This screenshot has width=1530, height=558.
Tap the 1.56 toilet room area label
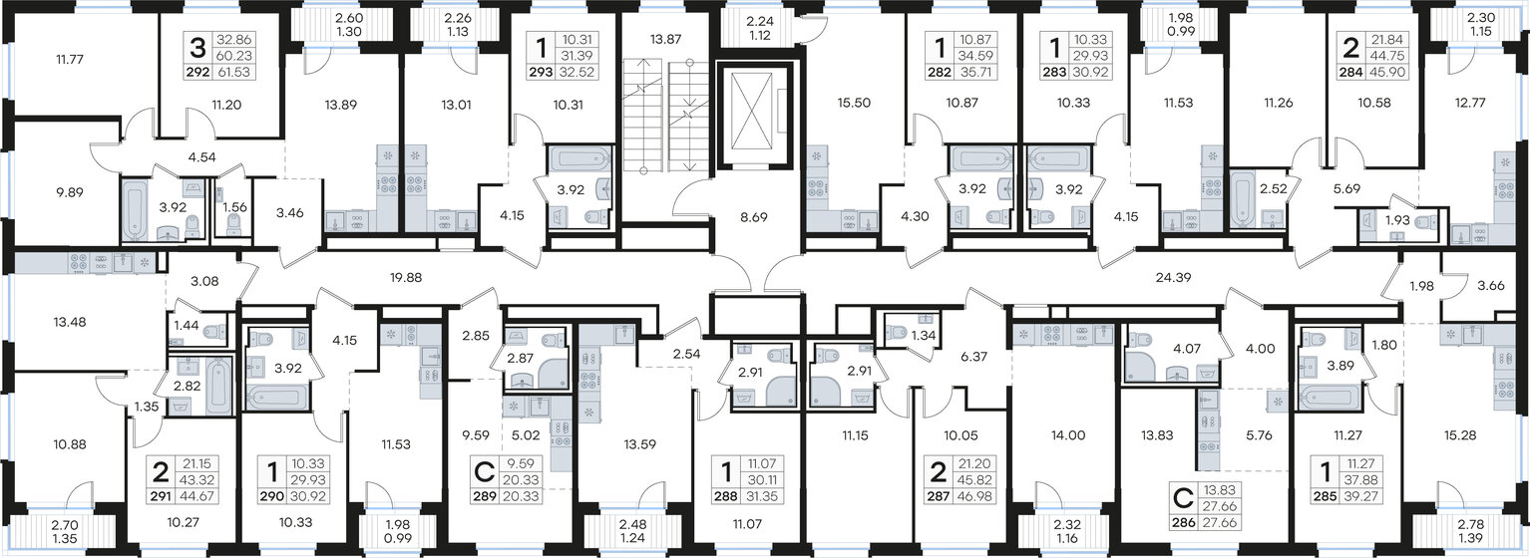233,206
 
